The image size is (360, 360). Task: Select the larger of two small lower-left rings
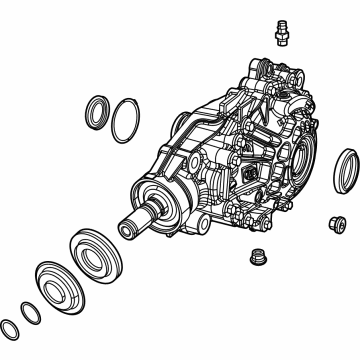pos(32,312)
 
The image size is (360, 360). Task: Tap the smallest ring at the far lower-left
pos(11,327)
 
